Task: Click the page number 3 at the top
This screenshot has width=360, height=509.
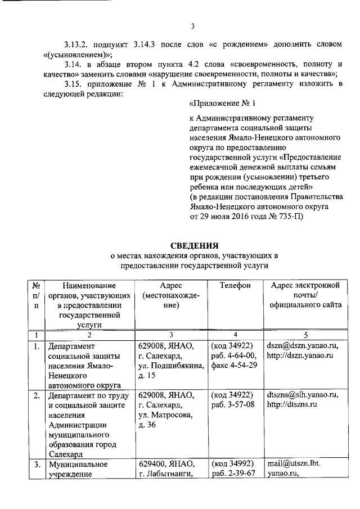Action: tap(192, 25)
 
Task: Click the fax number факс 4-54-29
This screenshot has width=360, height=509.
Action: tap(234, 366)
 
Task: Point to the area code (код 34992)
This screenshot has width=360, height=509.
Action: tap(231, 465)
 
